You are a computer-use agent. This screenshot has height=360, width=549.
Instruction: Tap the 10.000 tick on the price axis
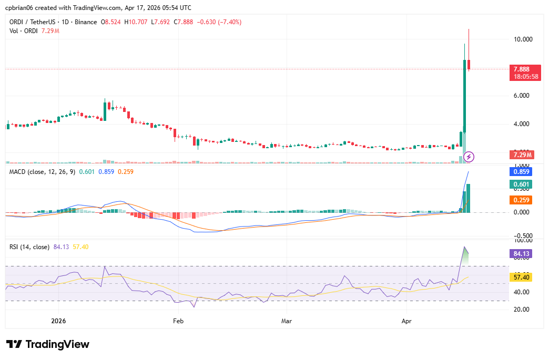coord(523,39)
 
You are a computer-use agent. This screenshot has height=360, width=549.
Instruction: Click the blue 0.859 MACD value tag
coord(521,171)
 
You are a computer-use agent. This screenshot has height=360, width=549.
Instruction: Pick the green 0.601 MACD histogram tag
coord(521,184)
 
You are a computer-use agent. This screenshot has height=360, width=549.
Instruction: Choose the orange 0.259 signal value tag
coord(521,200)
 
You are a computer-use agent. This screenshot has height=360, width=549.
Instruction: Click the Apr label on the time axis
coord(406,320)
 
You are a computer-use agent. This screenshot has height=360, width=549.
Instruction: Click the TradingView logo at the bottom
coord(48,345)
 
